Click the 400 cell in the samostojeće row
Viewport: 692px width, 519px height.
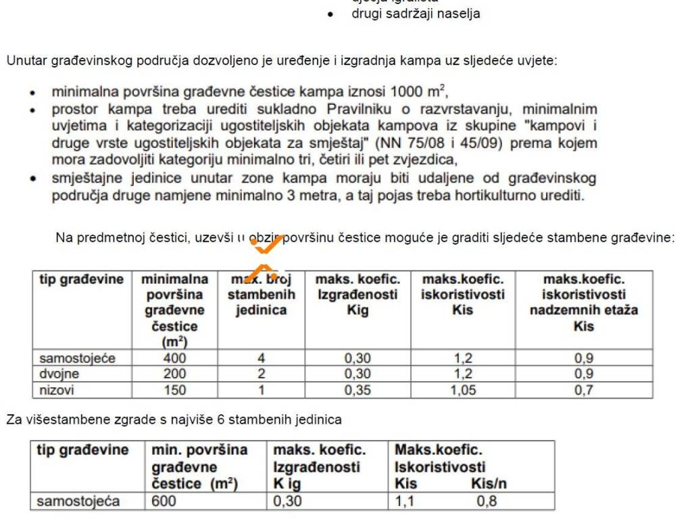click(x=174, y=358)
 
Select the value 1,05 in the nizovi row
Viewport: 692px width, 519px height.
click(x=463, y=390)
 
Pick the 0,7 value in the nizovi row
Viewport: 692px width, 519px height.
click(x=584, y=390)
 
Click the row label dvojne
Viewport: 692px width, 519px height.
click(x=59, y=374)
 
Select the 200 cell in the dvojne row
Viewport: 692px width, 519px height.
click(x=174, y=374)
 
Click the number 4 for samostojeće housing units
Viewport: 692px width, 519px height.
click(x=261, y=358)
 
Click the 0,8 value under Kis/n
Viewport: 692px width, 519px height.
click(x=487, y=501)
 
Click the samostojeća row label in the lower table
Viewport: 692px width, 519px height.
click(x=78, y=501)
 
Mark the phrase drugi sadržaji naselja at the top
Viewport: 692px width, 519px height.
click(x=416, y=14)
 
